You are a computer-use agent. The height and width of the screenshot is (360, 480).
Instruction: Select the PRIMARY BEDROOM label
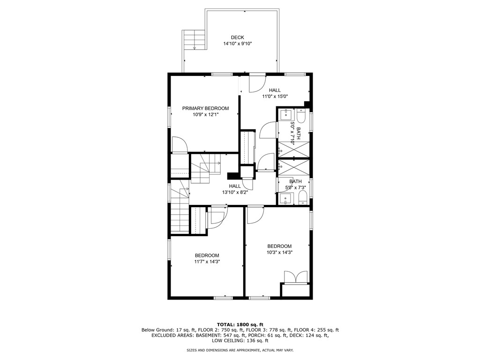click(205, 108)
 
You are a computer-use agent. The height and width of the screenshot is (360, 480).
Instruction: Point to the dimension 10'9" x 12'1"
click(205, 114)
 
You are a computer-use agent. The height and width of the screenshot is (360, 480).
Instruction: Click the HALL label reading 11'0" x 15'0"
click(275, 90)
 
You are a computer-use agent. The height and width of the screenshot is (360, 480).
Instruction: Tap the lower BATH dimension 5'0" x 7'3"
click(295, 188)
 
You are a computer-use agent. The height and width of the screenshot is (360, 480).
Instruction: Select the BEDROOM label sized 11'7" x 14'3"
click(207, 255)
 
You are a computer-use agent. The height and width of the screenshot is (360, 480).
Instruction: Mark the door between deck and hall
click(257, 83)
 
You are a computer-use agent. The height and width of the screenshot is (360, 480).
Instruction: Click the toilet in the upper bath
click(301, 115)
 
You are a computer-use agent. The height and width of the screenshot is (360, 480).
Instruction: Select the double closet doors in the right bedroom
click(295, 277)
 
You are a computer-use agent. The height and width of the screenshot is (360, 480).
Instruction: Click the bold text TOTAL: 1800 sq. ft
click(240, 324)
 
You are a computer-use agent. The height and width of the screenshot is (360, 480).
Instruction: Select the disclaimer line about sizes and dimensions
click(240, 350)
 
